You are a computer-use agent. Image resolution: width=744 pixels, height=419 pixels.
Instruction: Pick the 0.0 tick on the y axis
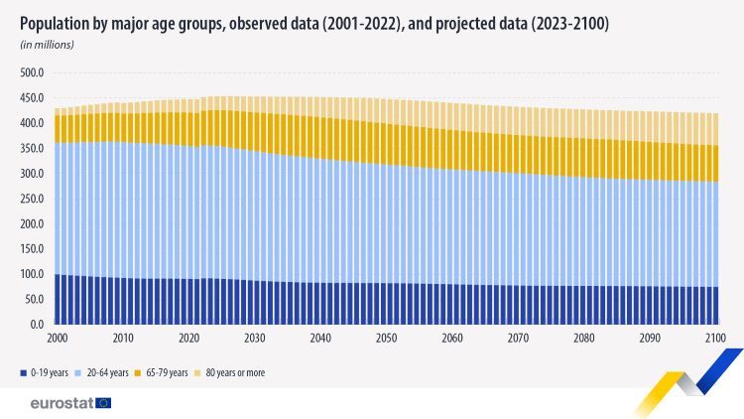(37, 325)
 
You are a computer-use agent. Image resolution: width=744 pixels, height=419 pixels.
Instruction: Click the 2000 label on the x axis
(57, 339)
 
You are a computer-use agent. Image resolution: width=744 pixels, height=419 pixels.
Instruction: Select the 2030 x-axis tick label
(254, 339)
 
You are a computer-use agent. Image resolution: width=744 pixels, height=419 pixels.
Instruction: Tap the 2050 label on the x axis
(387, 339)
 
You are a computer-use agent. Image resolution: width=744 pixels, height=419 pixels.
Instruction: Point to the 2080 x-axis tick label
(584, 339)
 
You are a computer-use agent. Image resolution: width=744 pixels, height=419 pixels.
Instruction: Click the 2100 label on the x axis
(716, 339)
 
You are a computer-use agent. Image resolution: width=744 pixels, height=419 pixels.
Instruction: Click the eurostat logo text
(62, 402)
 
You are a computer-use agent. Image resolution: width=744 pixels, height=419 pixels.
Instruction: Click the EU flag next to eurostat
(104, 402)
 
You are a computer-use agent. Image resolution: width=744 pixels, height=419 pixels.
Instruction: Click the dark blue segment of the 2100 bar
(716, 306)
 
